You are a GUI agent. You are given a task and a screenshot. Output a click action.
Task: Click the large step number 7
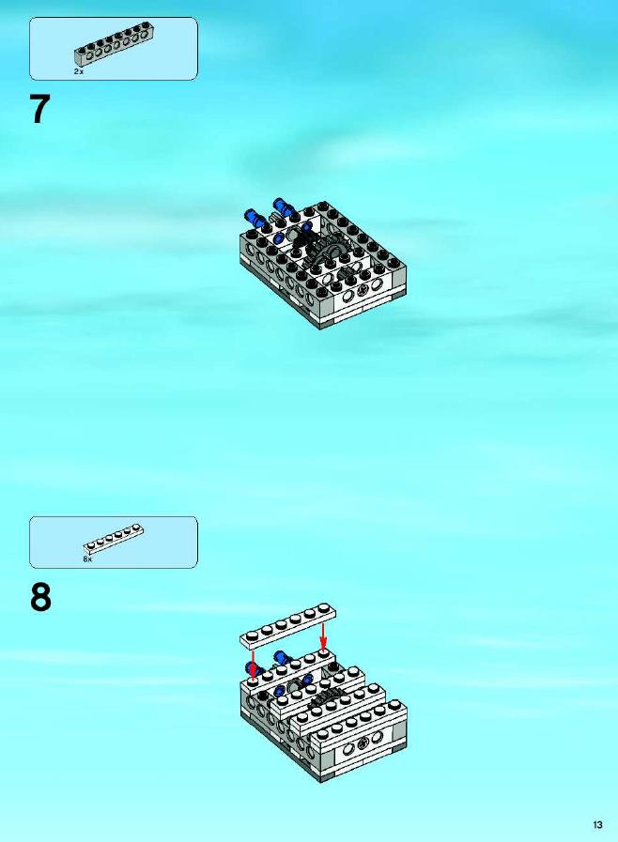[39, 109]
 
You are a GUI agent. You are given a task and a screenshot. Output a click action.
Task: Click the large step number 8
[40, 598]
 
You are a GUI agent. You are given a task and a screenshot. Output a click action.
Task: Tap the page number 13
[597, 825]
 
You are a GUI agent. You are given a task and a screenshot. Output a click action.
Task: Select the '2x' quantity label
[79, 71]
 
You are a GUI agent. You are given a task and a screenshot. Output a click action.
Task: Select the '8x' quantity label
[87, 559]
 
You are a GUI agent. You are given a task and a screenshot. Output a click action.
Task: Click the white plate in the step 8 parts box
[114, 539]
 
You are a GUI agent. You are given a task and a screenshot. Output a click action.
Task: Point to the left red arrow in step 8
[253, 666]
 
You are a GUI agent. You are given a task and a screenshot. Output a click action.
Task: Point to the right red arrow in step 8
[323, 635]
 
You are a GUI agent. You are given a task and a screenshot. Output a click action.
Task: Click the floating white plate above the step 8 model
[288, 624]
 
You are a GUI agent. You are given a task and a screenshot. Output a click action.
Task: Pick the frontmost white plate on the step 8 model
[358, 721]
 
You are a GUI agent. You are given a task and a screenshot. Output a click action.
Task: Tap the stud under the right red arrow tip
[323, 652]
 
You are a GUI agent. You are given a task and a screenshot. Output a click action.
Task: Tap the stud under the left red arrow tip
[253, 683]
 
